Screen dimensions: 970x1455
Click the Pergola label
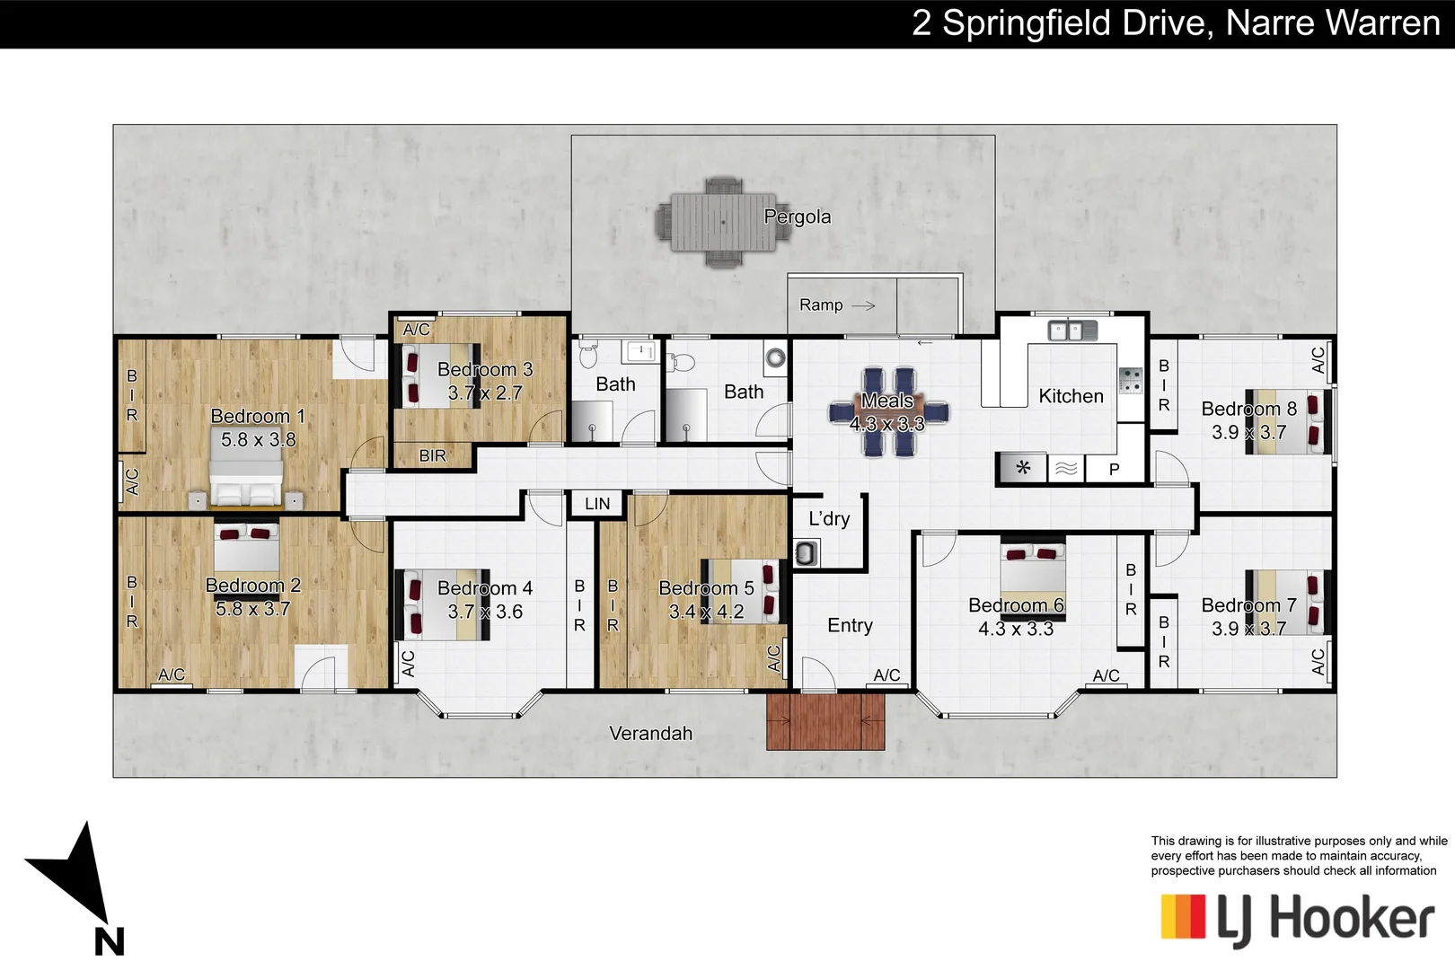point(797,216)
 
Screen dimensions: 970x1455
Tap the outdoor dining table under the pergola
point(717,222)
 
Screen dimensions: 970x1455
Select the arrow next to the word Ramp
point(862,305)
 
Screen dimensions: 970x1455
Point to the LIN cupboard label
point(597,504)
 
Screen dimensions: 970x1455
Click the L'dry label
point(828,518)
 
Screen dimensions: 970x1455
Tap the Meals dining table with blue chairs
point(888,412)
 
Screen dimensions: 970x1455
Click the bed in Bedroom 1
point(246,481)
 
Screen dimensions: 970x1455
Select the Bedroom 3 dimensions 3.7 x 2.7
point(485,392)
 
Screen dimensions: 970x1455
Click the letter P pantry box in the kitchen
point(1114,469)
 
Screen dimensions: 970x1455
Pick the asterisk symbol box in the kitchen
point(1022,468)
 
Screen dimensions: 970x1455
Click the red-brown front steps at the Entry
point(824,721)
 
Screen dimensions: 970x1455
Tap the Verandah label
point(650,733)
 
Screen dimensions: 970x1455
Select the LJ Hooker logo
point(1297,919)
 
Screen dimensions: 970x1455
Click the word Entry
point(850,625)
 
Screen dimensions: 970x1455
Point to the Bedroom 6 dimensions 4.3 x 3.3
point(1016,629)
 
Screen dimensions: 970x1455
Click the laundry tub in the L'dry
point(806,553)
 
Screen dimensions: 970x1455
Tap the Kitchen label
point(1071,396)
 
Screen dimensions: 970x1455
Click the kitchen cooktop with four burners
point(1130,380)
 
